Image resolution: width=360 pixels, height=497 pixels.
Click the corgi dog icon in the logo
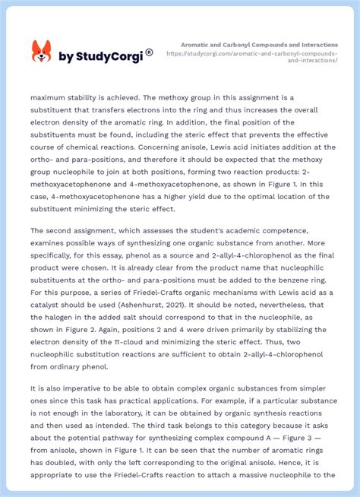[x=41, y=51]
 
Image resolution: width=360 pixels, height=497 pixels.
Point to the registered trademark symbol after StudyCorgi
[x=149, y=52]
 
